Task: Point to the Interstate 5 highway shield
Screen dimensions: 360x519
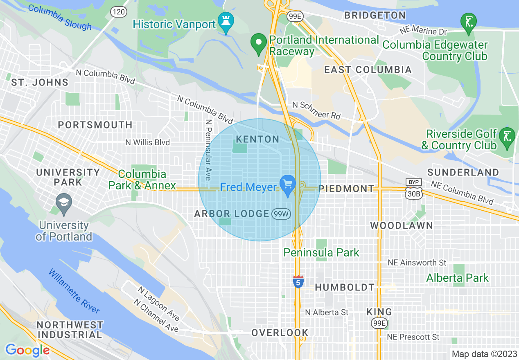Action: (298, 281)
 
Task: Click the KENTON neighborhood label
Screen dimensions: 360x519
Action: (257, 139)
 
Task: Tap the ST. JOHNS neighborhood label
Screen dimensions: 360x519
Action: (40, 82)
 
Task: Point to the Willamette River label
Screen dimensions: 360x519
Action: (74, 291)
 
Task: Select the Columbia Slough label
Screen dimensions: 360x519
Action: (60, 18)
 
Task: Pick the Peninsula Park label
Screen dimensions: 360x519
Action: (321, 252)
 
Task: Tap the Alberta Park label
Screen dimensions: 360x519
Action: (457, 278)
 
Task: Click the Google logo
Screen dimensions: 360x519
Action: (27, 350)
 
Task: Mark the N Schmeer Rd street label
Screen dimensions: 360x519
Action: (316, 110)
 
